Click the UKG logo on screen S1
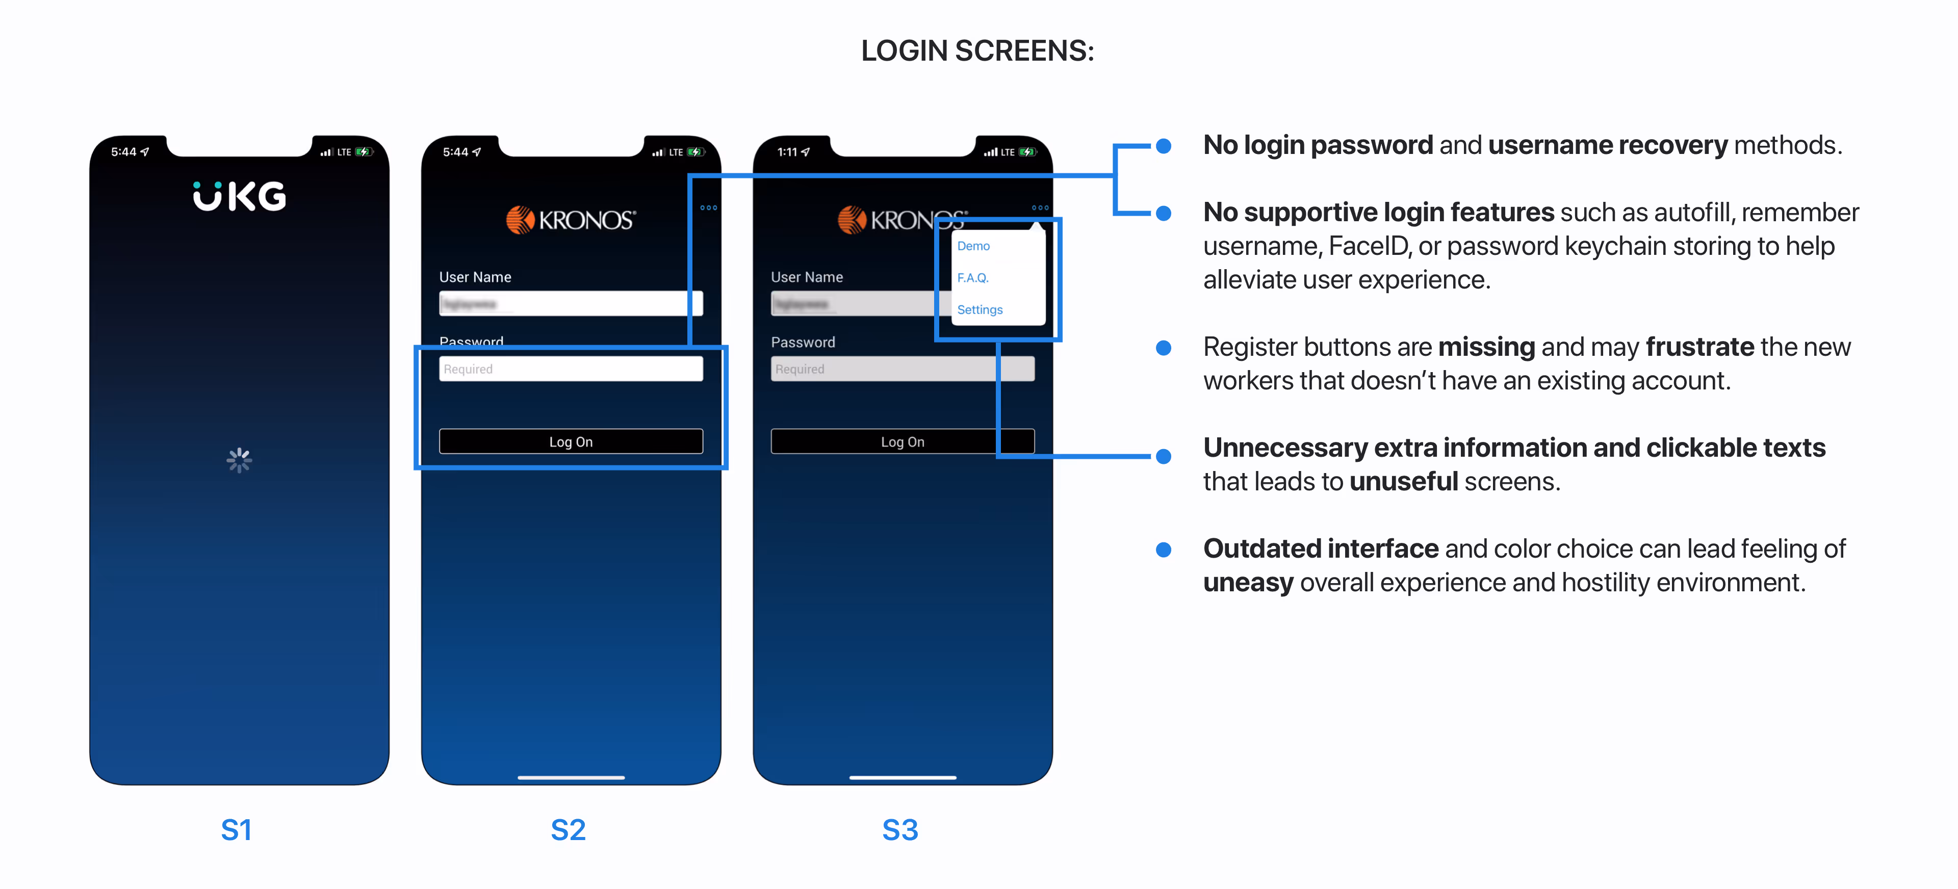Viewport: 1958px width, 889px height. coord(240,196)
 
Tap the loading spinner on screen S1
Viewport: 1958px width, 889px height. coord(240,460)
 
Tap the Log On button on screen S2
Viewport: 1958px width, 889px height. coord(571,441)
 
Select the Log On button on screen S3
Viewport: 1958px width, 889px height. coord(902,441)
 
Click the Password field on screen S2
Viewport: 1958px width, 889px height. coord(571,369)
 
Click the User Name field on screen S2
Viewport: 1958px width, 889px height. coord(571,304)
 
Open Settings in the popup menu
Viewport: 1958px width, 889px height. coord(980,310)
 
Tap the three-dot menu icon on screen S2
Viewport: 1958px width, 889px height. coord(708,207)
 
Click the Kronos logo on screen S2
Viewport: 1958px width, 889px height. coord(571,220)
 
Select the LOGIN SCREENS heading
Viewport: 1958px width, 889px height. coord(977,51)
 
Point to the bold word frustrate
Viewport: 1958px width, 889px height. coord(1699,347)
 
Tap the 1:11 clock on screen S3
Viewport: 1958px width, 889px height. coord(787,152)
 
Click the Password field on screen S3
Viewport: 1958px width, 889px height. coord(902,369)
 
